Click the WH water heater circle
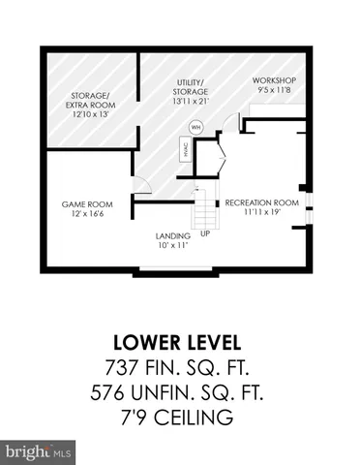click(196, 127)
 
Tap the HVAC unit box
click(184, 149)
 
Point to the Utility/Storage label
click(188, 87)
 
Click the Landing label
click(174, 234)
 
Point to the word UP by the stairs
click(204, 233)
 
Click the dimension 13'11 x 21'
click(188, 100)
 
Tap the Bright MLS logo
click(39, 451)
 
